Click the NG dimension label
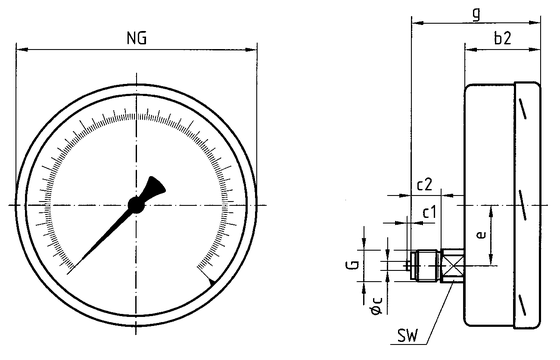pos(137,38)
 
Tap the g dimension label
pos(476,15)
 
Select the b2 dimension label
pos(502,38)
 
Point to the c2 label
pos(425,185)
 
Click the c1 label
pos(430,212)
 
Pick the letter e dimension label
pos(481,235)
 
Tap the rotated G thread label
pos(353,265)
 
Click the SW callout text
pos(408,336)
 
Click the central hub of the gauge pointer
pos(136,205)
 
